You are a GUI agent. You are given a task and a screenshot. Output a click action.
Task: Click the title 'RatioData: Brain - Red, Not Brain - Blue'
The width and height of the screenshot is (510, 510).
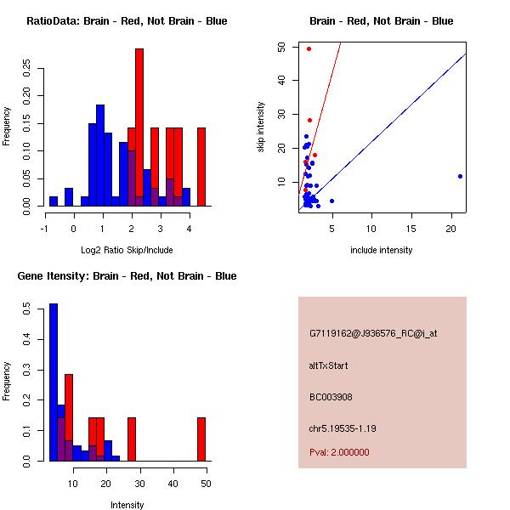point(127,21)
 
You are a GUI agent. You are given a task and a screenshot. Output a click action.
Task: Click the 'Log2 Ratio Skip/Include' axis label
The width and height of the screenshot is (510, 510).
point(127,249)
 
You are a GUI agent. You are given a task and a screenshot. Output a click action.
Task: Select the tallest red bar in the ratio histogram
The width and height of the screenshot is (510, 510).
point(139,127)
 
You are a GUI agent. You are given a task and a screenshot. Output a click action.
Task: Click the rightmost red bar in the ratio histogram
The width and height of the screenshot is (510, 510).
point(201,167)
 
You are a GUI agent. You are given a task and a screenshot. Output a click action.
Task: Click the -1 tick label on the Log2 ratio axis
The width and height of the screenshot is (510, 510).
point(44,228)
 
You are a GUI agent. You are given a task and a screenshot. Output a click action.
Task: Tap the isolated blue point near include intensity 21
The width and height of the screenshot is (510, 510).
point(460,176)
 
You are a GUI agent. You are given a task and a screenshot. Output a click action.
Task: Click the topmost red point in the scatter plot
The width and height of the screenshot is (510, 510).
point(309,48)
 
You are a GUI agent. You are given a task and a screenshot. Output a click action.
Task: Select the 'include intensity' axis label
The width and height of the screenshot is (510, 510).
point(382,250)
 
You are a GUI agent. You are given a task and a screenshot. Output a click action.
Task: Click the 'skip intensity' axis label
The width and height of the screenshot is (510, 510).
point(261,127)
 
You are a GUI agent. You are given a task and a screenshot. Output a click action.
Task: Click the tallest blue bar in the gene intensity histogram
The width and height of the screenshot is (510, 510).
point(53,382)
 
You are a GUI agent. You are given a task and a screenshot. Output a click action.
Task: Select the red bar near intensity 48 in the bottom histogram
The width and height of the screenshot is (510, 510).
point(201,439)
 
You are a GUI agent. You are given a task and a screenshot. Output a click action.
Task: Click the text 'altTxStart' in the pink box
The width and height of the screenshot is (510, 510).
point(328,366)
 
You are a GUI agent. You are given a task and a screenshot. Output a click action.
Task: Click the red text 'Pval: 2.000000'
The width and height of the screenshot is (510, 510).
point(339,452)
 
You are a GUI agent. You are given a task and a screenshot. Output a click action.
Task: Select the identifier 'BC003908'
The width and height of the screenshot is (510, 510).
point(327,397)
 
